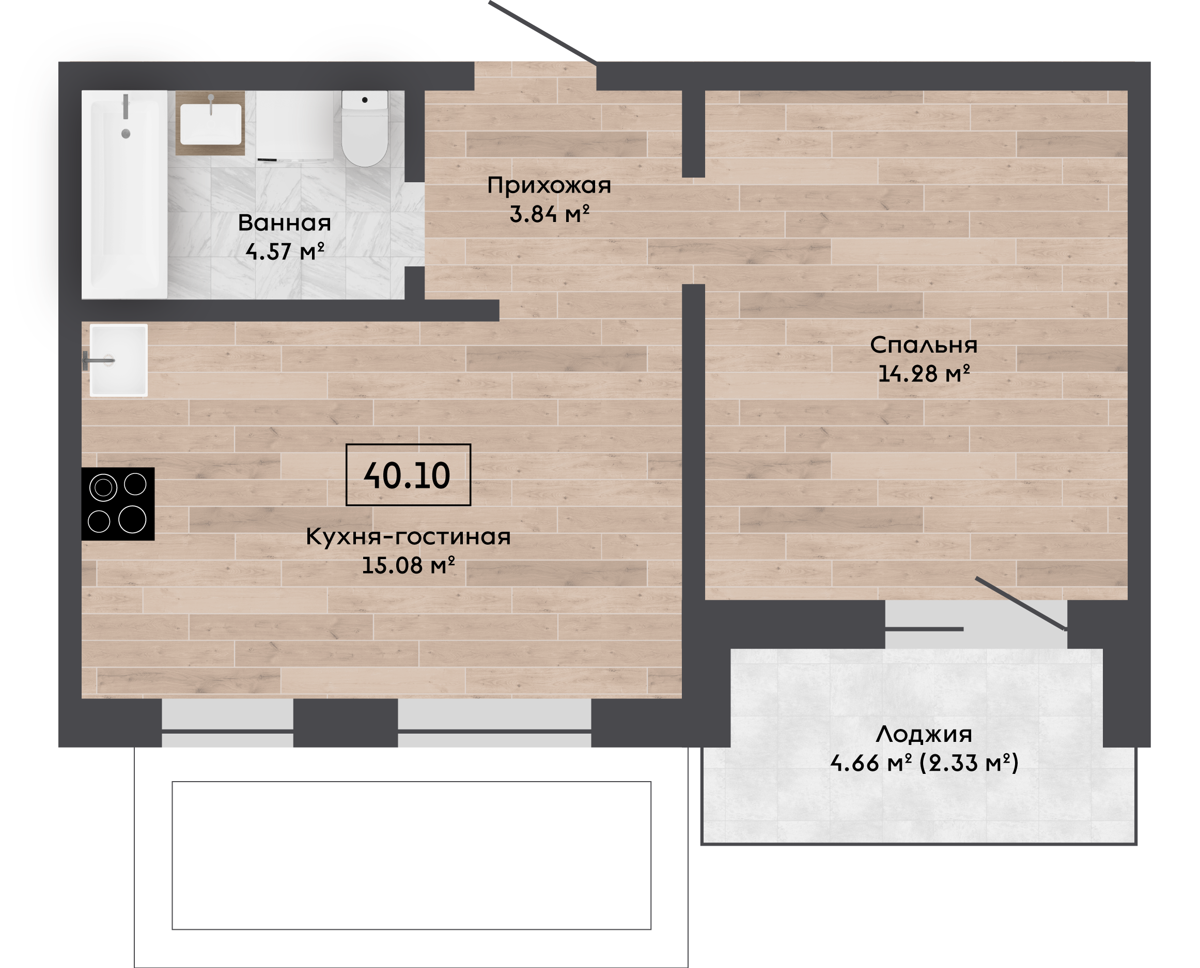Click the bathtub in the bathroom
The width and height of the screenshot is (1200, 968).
click(x=124, y=194)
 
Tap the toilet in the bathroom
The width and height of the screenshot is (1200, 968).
click(x=365, y=128)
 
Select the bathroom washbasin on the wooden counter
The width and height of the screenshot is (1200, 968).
click(x=211, y=123)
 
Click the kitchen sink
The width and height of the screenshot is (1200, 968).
click(x=119, y=360)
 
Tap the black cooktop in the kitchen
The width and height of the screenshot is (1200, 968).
click(x=118, y=503)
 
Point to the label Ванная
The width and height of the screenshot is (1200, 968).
click(x=285, y=223)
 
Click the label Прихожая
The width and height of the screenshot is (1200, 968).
click(x=549, y=186)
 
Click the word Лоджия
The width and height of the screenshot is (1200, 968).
click(x=924, y=734)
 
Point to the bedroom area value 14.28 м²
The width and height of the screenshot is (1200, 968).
click(x=924, y=374)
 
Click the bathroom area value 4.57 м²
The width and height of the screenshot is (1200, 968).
click(x=285, y=251)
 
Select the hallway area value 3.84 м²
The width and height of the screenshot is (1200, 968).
click(x=550, y=214)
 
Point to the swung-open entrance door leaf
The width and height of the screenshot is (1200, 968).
click(x=543, y=32)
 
